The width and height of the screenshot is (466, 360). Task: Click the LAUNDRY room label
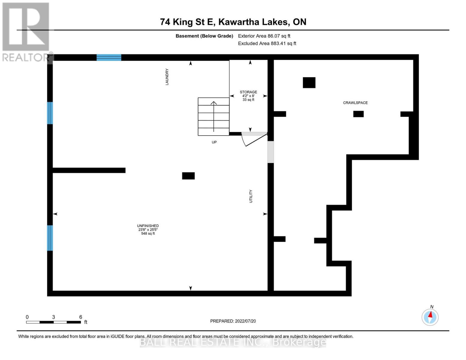click(x=167, y=77)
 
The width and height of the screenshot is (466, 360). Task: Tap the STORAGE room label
click(x=248, y=92)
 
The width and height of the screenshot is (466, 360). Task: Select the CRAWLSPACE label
click(x=355, y=103)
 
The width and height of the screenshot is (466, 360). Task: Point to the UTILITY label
click(x=251, y=196)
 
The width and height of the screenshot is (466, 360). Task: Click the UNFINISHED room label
click(x=148, y=226)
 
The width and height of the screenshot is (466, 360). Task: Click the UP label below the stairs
click(x=214, y=142)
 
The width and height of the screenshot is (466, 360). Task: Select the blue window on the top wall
click(x=109, y=57)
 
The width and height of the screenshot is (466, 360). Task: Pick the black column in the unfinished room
click(x=188, y=176)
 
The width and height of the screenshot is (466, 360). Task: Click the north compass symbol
click(x=430, y=317)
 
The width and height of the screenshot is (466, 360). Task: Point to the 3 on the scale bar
click(x=53, y=317)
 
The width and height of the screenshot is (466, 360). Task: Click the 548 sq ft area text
click(x=148, y=234)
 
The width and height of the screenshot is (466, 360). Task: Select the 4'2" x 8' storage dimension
click(x=248, y=96)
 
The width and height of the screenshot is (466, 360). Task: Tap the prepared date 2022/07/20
click(x=245, y=321)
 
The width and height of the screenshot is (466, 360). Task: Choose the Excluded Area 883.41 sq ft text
click(x=267, y=43)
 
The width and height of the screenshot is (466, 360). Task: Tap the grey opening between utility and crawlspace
click(x=271, y=152)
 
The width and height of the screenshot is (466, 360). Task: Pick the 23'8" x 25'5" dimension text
click(x=148, y=230)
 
